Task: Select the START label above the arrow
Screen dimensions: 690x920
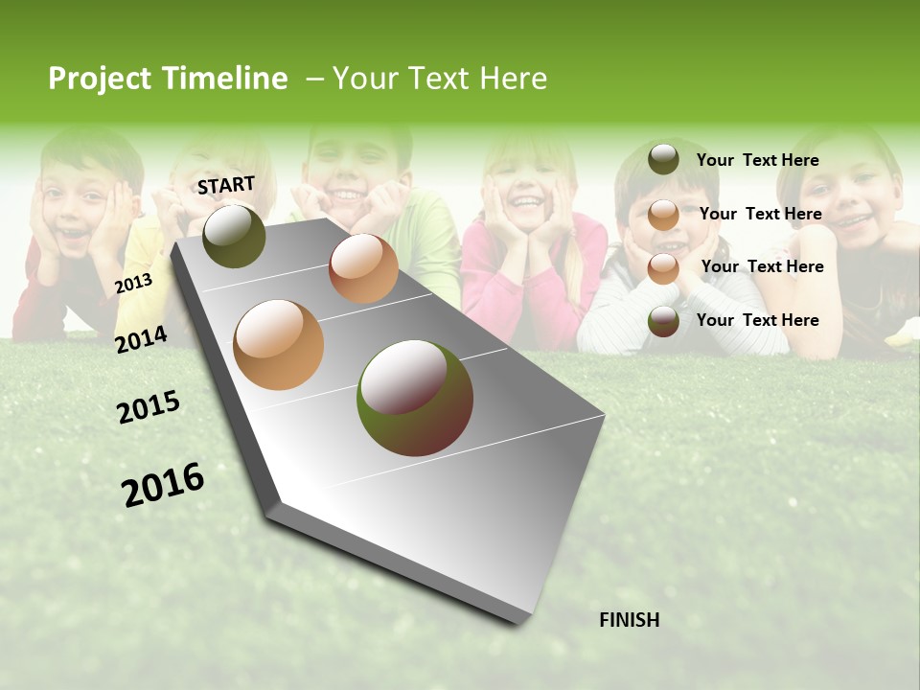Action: coord(226,185)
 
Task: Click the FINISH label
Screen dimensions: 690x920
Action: coord(630,620)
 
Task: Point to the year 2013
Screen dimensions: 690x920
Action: coord(133,284)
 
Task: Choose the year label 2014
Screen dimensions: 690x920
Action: coord(141,339)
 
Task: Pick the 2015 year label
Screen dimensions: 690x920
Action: coord(149,407)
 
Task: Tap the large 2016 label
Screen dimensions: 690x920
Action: coord(163,484)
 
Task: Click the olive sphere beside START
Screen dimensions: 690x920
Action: coord(234,236)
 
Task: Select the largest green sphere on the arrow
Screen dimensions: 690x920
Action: coord(415,398)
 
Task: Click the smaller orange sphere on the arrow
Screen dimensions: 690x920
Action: coord(363,268)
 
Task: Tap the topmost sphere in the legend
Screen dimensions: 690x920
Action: coord(663,159)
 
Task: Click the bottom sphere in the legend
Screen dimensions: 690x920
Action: coord(663,320)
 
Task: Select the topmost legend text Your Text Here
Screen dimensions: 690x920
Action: coord(757,160)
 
